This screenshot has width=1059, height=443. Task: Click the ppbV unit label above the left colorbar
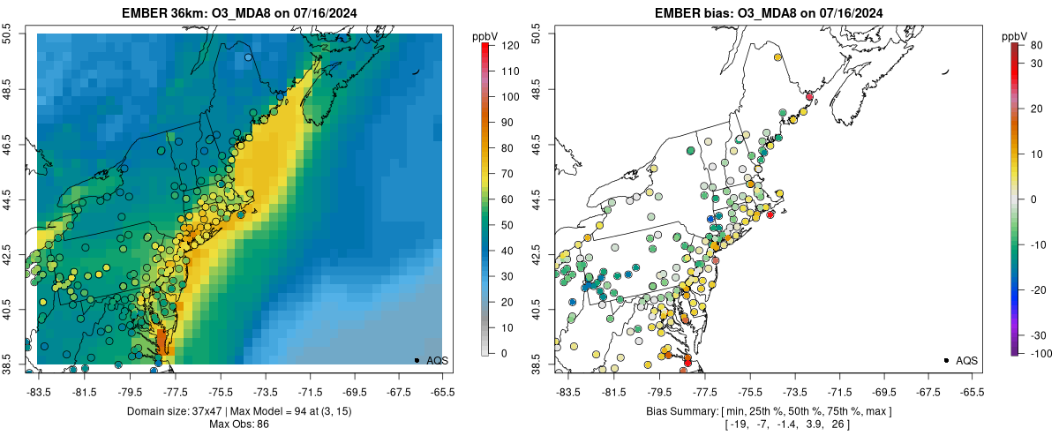[484, 35]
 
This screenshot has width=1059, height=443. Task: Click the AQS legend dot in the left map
[417, 360]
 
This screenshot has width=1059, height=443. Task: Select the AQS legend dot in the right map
[946, 360]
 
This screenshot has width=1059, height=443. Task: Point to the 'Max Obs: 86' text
[238, 424]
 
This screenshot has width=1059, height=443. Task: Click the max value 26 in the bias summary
[836, 424]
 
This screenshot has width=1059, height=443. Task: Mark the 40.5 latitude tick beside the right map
[537, 309]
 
